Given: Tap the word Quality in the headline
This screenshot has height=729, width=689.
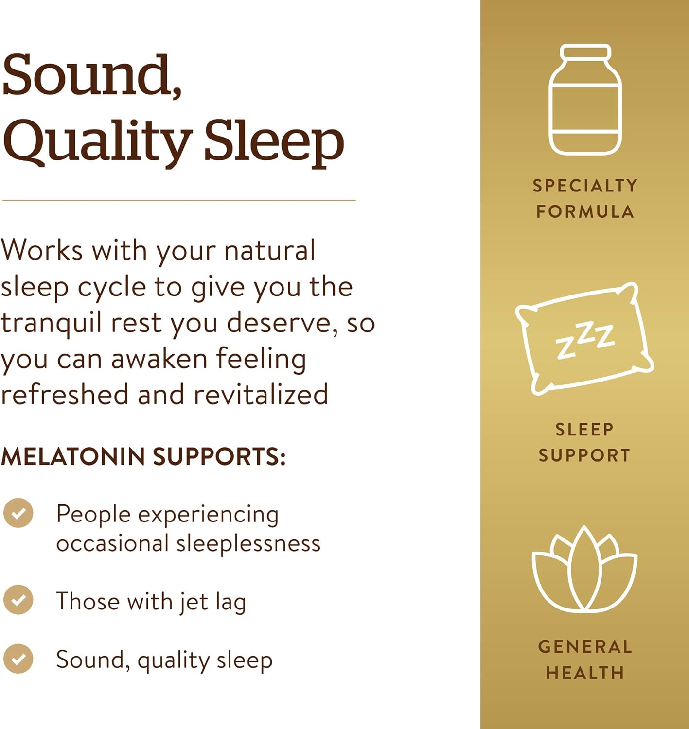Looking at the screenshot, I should [97, 142].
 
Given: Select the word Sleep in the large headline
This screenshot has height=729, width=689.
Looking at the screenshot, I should [274, 142].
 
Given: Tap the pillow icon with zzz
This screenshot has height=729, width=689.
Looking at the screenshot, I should [585, 338].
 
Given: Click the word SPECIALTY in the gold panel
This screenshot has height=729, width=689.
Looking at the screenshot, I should [585, 186].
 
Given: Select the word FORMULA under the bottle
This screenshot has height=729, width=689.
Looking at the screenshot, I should [585, 212].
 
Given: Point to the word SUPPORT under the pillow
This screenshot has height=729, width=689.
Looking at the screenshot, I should [584, 455].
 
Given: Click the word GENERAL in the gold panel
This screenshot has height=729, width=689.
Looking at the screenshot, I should [585, 647].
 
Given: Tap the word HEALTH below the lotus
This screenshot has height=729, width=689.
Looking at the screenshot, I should [585, 673].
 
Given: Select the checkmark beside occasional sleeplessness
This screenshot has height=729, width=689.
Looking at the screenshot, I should [18, 513].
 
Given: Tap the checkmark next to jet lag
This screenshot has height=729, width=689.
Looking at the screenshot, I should [18, 600].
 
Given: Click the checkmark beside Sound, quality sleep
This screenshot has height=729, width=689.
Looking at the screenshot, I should [18, 659].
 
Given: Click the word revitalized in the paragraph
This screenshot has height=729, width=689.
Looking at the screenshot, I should [261, 395].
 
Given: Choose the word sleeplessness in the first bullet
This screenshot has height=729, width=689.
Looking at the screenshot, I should [248, 543].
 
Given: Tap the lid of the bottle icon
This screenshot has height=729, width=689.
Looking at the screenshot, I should [585, 52].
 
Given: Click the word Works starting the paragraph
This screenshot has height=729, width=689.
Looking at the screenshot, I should [42, 251].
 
